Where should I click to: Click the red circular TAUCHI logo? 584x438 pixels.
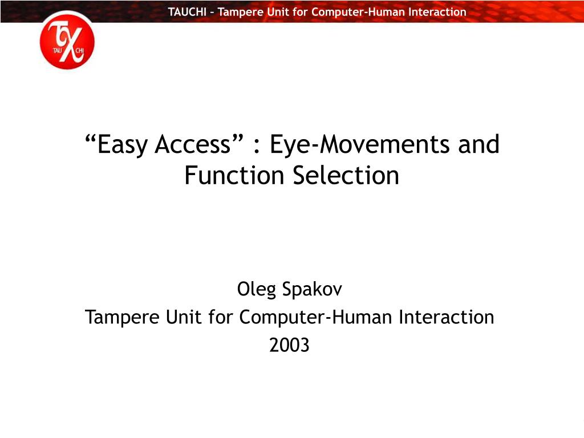[x=67, y=40]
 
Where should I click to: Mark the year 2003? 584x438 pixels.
[x=289, y=344]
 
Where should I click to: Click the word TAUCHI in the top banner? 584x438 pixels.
[x=187, y=11]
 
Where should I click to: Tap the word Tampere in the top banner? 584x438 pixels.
[x=238, y=11]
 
